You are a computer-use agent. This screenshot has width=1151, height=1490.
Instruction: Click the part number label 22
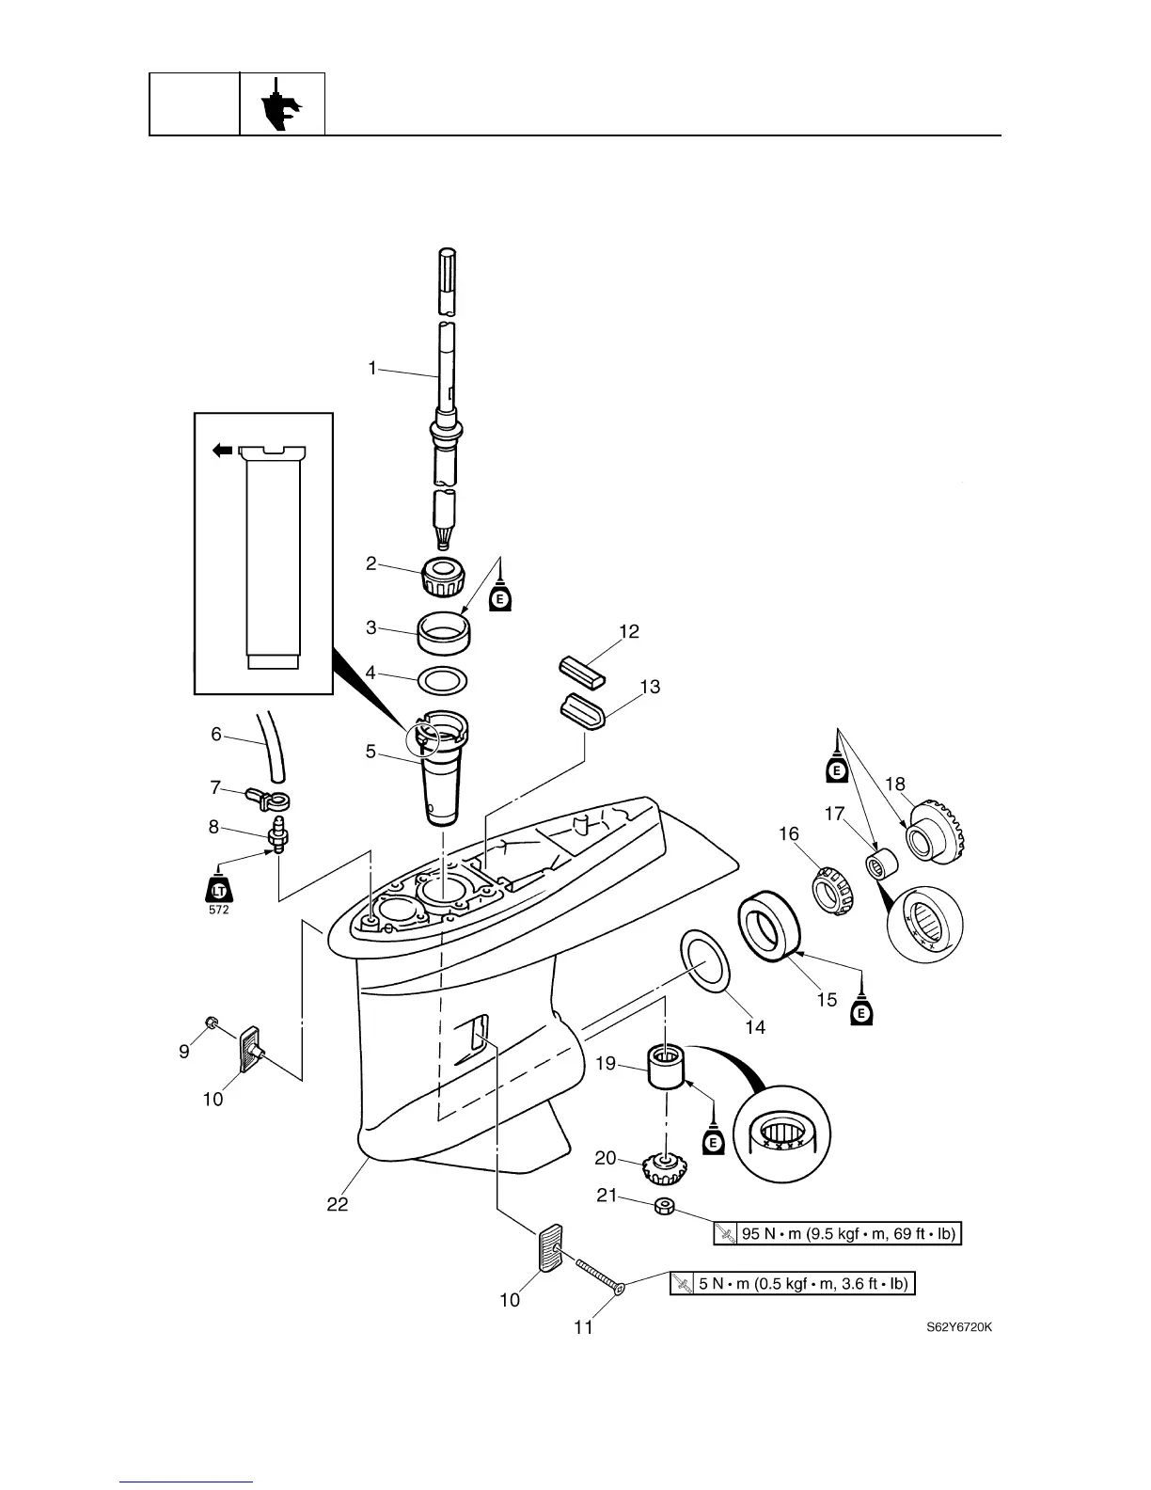pos(338,1204)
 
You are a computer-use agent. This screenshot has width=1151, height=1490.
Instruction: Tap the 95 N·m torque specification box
pos(838,1234)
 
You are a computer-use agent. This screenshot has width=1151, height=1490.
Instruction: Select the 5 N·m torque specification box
pos(792,1283)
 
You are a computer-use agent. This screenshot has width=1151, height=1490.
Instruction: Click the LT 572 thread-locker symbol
pos(219,889)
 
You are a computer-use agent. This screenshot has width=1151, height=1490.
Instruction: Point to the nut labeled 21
pos(663,1207)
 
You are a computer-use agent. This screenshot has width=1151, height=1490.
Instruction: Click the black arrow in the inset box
pos(222,452)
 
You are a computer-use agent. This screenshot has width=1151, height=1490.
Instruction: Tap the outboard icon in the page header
pos(281,103)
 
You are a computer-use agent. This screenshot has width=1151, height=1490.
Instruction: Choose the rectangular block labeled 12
pos(582,670)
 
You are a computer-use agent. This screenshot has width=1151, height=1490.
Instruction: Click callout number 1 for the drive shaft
pos(371,369)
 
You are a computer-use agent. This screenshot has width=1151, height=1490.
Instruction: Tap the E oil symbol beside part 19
pos(713,1141)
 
